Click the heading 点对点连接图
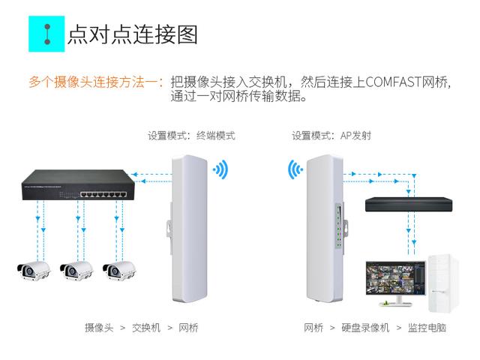click(132, 34)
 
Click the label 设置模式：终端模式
click(191, 136)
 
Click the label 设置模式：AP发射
click(331, 136)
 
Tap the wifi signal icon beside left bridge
click(220, 169)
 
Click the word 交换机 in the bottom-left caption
click(146, 328)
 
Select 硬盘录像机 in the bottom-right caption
click(366, 328)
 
